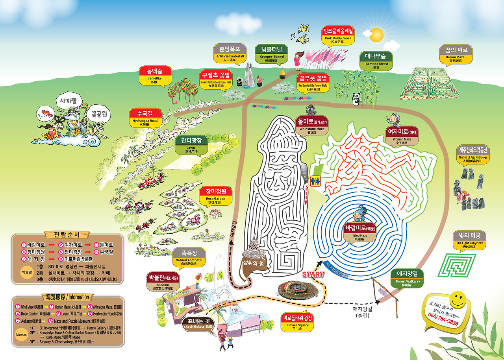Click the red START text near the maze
[313, 274]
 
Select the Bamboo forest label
[376, 61]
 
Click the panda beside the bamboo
[356, 99]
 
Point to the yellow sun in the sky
[376, 34]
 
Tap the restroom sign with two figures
[316, 181]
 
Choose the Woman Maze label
[402, 135]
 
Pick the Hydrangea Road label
[145, 118]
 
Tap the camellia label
[155, 75]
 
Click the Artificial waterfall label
[230, 53]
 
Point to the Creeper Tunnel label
[272, 54]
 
